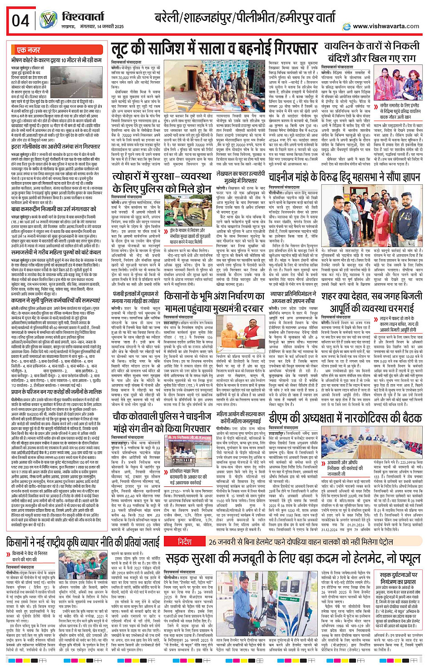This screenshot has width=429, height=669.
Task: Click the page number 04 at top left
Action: tap(21, 21)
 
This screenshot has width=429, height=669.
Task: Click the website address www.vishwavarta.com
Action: tap(386, 26)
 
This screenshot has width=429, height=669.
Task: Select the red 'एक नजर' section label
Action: tap(28, 50)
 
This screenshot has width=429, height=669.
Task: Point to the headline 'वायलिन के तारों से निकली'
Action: tap(372, 46)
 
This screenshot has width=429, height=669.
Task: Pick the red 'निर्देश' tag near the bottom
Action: tap(184, 542)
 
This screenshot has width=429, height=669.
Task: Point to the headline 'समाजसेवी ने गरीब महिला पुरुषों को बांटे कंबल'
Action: tap(57, 251)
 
